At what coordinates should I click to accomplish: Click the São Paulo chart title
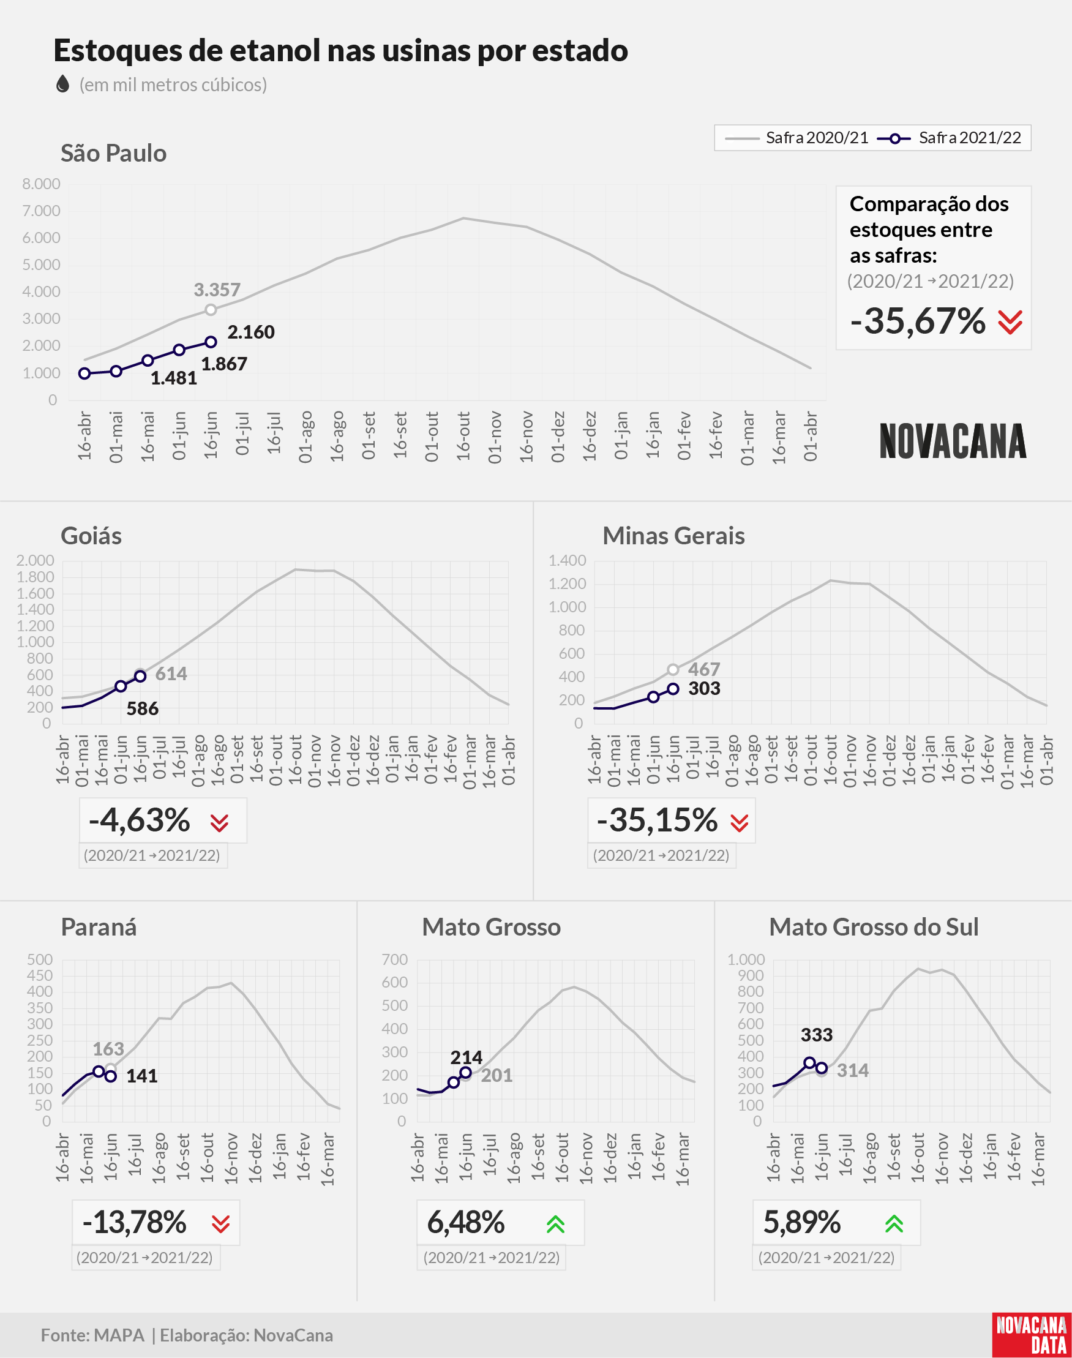[114, 153]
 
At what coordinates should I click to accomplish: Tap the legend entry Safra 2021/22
[950, 138]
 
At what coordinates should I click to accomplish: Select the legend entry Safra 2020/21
[797, 138]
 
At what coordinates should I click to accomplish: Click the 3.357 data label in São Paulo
[217, 290]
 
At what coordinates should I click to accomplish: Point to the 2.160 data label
[251, 332]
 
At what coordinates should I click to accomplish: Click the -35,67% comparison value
[918, 321]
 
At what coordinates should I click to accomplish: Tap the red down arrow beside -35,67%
[1010, 323]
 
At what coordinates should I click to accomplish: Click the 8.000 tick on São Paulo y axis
[42, 184]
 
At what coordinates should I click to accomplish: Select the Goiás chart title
[91, 536]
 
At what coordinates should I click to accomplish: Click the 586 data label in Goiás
[143, 709]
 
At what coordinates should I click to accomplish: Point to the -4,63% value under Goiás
[140, 820]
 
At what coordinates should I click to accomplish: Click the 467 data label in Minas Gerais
[703, 670]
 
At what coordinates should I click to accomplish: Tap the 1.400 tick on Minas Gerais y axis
[568, 560]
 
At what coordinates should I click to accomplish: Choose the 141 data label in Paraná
[142, 1076]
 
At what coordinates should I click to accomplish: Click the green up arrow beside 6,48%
[555, 1224]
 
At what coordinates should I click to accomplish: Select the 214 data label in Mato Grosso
[467, 1057]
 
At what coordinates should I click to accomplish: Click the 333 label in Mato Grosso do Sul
[817, 1035]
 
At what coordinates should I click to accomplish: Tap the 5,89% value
[802, 1223]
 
